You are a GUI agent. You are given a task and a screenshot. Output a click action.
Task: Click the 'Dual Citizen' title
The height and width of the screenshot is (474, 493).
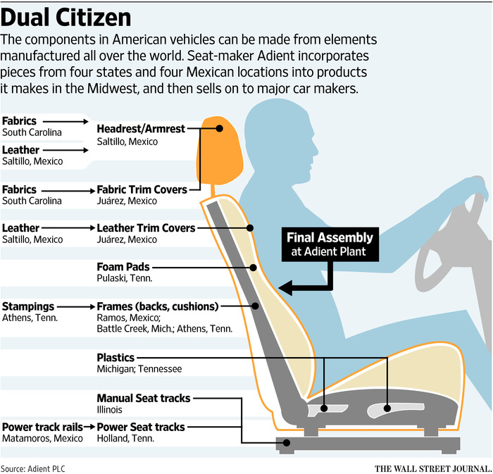click(x=65, y=18)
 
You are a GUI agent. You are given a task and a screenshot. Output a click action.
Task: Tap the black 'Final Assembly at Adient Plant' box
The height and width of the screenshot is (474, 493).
click(x=330, y=244)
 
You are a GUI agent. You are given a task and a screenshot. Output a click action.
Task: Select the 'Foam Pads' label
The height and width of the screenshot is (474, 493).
click(x=123, y=267)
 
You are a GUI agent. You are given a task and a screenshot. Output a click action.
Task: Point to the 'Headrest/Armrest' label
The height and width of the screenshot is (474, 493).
click(x=141, y=129)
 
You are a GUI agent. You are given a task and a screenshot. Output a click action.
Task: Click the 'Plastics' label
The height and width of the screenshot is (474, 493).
click(x=116, y=358)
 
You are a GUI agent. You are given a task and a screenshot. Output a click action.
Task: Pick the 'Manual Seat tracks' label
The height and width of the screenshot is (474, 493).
click(x=144, y=398)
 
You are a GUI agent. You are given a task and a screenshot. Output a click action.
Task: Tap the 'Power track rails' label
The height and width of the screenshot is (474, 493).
click(x=42, y=428)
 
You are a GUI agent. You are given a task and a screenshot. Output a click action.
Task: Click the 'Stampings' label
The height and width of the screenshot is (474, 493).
click(x=28, y=306)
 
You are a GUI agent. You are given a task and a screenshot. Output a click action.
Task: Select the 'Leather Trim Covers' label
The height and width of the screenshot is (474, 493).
click(x=146, y=228)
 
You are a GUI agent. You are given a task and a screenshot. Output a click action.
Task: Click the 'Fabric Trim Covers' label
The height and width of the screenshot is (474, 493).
click(x=142, y=189)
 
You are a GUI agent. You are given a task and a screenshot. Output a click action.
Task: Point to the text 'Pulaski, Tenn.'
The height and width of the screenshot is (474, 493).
click(x=125, y=278)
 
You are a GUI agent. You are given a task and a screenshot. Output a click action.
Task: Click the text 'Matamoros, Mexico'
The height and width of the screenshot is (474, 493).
click(x=42, y=438)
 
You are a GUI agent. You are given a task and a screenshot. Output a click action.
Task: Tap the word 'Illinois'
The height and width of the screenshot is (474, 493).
click(x=109, y=410)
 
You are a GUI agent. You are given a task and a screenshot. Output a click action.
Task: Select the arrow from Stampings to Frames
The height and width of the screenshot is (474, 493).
click(x=76, y=306)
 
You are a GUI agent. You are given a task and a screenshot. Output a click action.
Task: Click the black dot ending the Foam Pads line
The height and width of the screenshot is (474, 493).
click(x=253, y=268)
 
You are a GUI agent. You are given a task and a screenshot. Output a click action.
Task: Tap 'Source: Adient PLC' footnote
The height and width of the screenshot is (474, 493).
click(x=33, y=468)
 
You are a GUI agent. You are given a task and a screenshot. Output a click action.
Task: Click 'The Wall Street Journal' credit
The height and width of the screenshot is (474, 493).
click(x=433, y=468)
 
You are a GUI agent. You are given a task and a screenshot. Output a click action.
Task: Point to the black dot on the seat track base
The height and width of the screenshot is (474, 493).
click(x=287, y=443)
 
